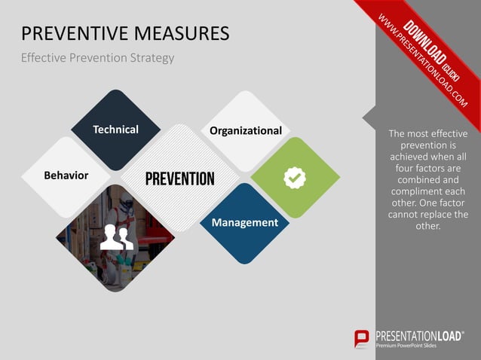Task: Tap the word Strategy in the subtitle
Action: pyautogui.click(x=150, y=58)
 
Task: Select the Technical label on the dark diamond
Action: pyautogui.click(x=115, y=130)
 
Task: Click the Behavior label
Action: pyautogui.click(x=66, y=175)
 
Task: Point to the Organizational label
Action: pyautogui.click(x=246, y=130)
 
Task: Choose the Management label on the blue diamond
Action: pyautogui.click(x=244, y=223)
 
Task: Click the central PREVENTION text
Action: pyautogui.click(x=179, y=178)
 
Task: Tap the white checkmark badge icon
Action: pyautogui.click(x=294, y=178)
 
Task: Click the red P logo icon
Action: pyautogui.click(x=363, y=339)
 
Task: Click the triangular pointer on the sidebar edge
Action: pyautogui.click(x=369, y=117)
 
